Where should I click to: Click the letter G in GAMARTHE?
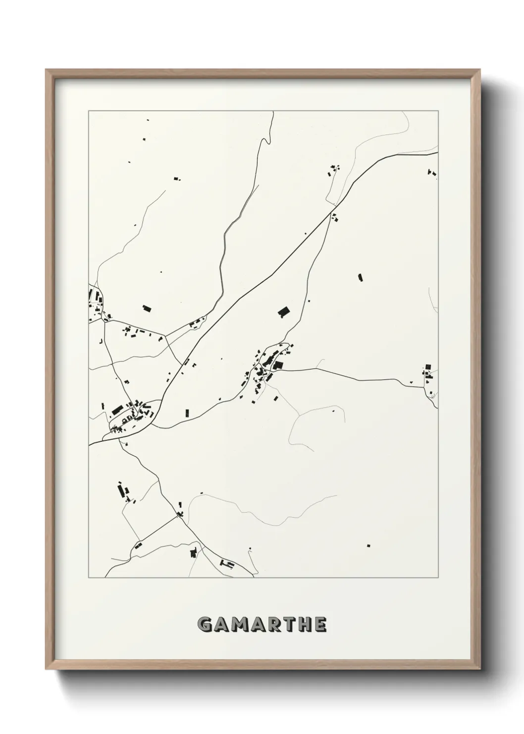coord(205,625)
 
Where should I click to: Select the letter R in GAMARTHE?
coord(275,625)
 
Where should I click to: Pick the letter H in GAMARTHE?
coord(307,625)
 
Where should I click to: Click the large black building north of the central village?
coord(283,311)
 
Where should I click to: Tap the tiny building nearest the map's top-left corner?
coord(147,120)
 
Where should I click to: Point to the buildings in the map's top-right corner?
coord(431,173)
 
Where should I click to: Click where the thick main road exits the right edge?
coord(438,153)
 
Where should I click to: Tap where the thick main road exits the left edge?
coord(89,445)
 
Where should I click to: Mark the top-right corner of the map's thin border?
coord(439,111)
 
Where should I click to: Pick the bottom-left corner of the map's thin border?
coord(89,578)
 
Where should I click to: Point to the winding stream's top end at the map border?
coord(273,112)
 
